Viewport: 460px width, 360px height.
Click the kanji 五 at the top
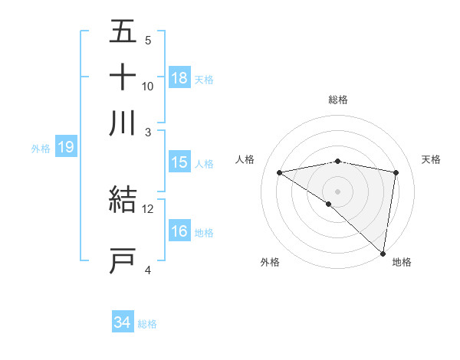pos(123,33)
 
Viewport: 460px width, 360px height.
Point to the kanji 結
pos(123,200)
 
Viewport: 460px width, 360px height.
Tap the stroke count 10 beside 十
pos(148,86)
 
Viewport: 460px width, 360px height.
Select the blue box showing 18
pos(179,78)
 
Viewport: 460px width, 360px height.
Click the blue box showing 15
pos(179,162)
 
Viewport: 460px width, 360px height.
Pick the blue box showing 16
pos(179,231)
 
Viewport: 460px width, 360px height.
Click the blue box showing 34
pos(122,323)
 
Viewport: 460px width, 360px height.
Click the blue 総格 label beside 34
pos(147,324)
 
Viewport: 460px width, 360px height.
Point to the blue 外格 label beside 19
pos(41,149)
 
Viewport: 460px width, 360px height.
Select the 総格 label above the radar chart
pos(338,99)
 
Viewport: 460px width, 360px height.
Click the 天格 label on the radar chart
pos(432,159)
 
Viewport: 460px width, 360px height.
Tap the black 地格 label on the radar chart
pos(402,262)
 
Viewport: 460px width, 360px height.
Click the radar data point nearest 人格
pos(280,172)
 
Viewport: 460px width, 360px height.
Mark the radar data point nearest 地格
pos(382,253)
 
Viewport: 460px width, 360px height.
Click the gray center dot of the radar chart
pos(338,190)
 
